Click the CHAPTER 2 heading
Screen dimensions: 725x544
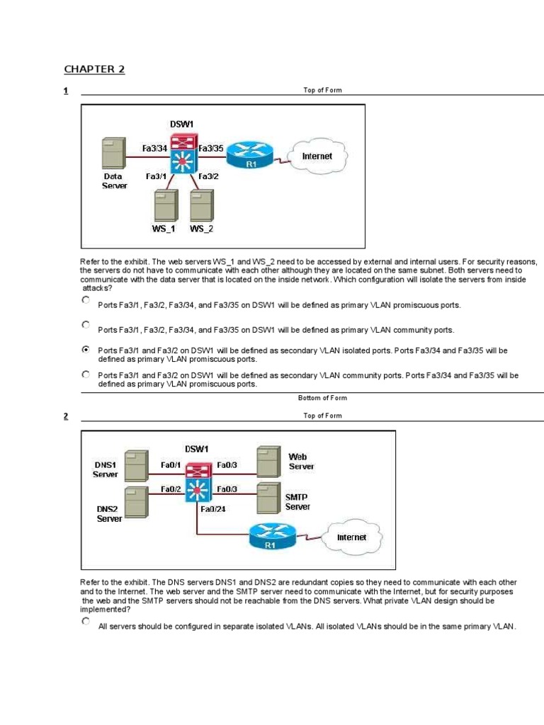[94, 69]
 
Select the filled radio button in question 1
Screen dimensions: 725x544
[86, 349]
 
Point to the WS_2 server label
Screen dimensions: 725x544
[201, 229]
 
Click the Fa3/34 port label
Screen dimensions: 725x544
[154, 149]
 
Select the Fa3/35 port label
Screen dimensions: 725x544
[211, 149]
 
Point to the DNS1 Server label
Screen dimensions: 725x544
[106, 469]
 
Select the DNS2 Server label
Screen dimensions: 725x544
[109, 513]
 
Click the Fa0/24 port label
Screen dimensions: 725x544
[213, 508]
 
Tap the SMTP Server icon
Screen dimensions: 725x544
[268, 498]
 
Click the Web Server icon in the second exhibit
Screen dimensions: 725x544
[268, 462]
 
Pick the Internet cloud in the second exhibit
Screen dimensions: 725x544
[351, 537]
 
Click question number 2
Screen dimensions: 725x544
[65, 416]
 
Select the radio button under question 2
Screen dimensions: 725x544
[86, 621]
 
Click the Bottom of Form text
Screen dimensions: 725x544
[322, 398]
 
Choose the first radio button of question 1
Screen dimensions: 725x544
[86, 300]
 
